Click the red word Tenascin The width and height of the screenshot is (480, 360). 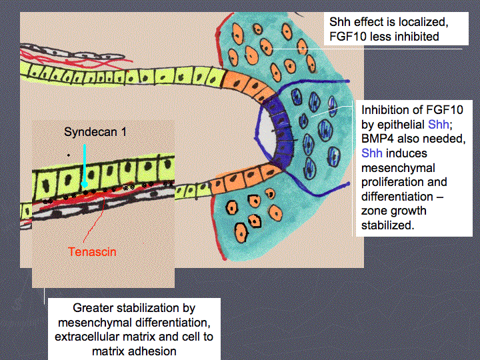(x=92, y=252)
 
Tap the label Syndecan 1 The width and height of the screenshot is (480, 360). (x=95, y=132)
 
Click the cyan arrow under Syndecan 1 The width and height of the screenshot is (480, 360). (x=85, y=166)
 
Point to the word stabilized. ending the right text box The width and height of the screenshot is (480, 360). (x=387, y=225)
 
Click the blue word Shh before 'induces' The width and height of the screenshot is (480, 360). (x=371, y=153)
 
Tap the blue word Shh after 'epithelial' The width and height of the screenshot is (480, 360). (x=439, y=124)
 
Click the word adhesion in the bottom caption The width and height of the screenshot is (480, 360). (x=155, y=351)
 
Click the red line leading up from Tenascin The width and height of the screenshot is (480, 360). (x=94, y=221)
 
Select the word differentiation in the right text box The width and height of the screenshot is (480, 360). (x=397, y=197)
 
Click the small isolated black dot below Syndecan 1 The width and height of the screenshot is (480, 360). (x=68, y=155)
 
